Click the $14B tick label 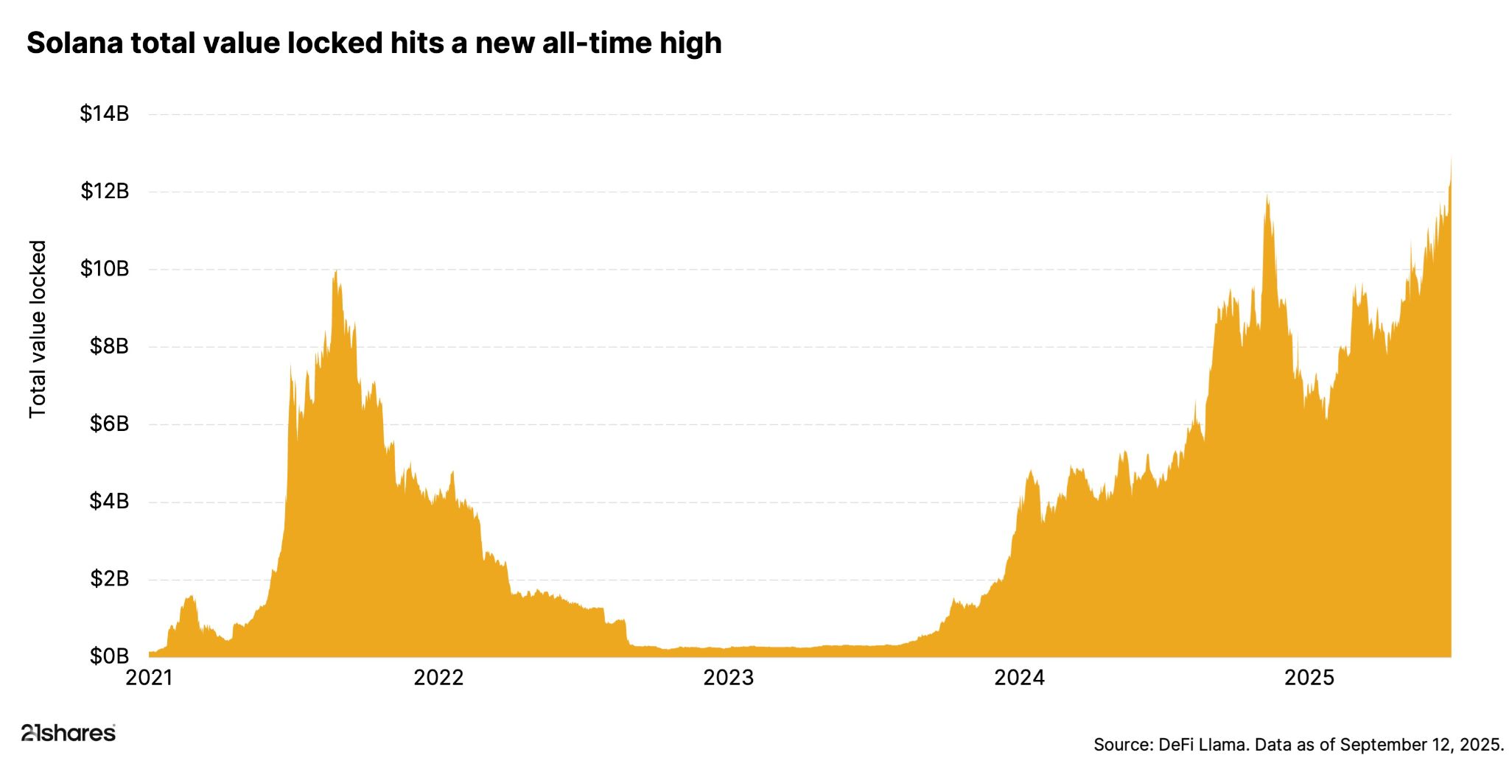coord(104,114)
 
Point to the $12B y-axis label coord(104,192)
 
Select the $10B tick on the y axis coord(104,269)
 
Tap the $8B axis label coord(108,346)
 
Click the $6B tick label coord(108,424)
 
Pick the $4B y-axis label coord(108,502)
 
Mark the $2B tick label coord(108,579)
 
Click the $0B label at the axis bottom coord(108,656)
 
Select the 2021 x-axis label coord(149,678)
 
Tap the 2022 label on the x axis coord(438,678)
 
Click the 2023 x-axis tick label coord(728,678)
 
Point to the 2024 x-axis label coord(1019,678)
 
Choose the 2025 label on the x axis coord(1309,678)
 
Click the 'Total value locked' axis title coord(37,329)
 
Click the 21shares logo coord(68,733)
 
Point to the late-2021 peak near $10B coord(336,273)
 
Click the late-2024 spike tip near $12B coord(1267,197)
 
